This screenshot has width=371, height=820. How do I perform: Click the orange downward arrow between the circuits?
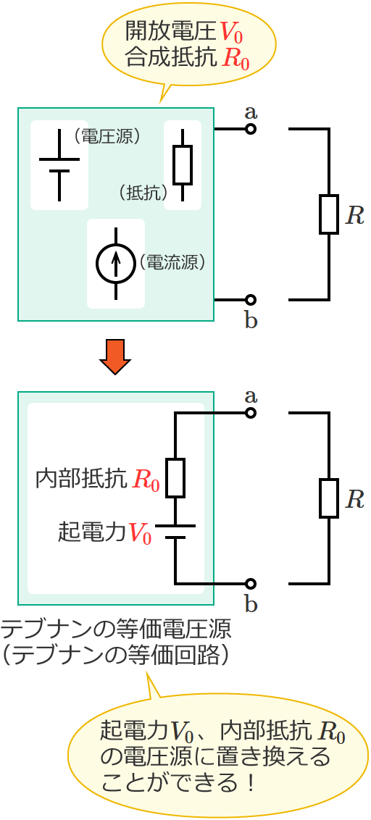(x=114, y=356)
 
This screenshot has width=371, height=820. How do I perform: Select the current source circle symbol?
(x=116, y=263)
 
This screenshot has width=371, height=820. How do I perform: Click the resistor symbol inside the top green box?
(x=183, y=165)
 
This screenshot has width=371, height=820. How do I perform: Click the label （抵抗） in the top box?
(x=143, y=192)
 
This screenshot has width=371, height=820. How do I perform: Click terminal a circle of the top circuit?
(x=251, y=129)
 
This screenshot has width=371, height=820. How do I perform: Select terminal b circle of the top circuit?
(x=251, y=299)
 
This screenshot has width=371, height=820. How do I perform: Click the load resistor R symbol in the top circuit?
(x=329, y=214)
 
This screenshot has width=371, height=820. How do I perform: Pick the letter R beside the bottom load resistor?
(x=354, y=499)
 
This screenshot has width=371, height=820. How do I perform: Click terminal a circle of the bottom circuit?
(x=251, y=413)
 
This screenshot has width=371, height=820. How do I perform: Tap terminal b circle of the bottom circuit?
(x=251, y=583)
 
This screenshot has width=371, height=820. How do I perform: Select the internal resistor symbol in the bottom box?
(x=175, y=478)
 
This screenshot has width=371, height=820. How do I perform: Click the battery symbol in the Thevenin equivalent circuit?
(x=175, y=532)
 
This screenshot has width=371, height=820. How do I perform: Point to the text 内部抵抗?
(x=82, y=478)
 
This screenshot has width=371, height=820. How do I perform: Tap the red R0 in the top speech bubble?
(x=236, y=58)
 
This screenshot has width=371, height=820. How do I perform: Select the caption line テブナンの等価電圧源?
(x=115, y=627)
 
